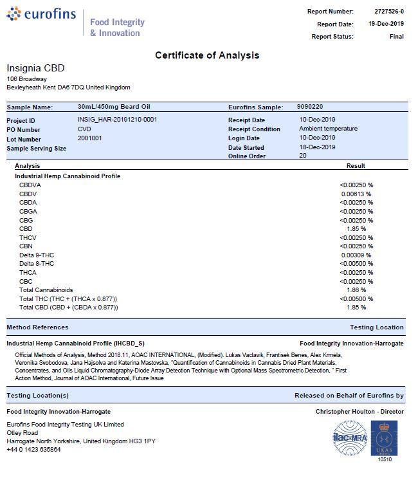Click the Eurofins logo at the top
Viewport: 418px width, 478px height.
41,15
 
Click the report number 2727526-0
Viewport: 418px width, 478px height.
389,12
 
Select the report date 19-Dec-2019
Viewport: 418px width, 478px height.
386,24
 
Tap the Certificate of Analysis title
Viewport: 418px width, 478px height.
207,55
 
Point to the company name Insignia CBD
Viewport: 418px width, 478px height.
35,68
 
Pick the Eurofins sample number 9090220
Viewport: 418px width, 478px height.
310,107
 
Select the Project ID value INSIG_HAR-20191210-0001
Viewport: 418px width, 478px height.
117,120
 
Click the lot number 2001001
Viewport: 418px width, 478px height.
89,138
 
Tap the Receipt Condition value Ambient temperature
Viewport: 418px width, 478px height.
328,129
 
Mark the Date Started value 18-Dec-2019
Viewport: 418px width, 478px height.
317,147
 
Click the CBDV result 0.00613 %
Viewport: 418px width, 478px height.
356,194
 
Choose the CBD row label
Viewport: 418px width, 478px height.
26,229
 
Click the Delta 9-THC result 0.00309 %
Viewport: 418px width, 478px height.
356,255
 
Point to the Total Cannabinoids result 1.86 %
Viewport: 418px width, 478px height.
356,290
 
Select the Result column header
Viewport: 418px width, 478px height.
356,166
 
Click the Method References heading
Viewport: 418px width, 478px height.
37,327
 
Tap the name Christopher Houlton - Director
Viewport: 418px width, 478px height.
359,411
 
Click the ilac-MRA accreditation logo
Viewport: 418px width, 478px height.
349,438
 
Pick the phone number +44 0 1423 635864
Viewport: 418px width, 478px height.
33,450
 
